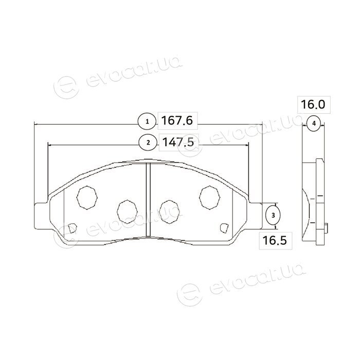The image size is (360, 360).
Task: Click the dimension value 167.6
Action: (176, 120)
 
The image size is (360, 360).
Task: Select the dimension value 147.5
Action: (178, 142)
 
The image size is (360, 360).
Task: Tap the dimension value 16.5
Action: (275, 240)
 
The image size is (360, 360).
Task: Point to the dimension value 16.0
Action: (313, 104)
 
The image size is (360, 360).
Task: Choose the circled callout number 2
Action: (148, 142)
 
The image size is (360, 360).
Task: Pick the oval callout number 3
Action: (273, 215)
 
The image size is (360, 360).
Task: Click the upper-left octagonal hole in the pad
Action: (87, 197)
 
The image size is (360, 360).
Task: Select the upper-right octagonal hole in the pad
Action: (210, 197)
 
